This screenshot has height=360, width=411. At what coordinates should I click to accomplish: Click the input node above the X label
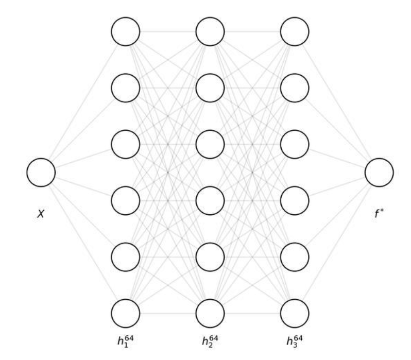pyautogui.click(x=41, y=173)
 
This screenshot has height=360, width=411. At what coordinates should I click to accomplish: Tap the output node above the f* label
pyautogui.click(x=379, y=173)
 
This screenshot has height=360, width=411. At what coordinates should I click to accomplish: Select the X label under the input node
pyautogui.click(x=41, y=213)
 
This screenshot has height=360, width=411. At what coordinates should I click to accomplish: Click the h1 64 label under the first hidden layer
pyautogui.click(x=125, y=340)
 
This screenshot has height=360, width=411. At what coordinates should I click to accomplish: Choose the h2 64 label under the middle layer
pyautogui.click(x=210, y=340)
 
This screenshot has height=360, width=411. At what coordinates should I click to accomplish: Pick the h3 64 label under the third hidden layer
pyautogui.click(x=295, y=340)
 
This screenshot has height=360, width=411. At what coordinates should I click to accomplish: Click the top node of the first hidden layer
pyautogui.click(x=126, y=31)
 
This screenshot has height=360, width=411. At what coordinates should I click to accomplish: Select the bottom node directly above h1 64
pyautogui.click(x=126, y=313)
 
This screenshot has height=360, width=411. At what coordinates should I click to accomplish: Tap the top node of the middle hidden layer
pyautogui.click(x=210, y=31)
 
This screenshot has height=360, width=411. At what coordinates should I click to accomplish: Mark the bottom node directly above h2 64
pyautogui.click(x=210, y=313)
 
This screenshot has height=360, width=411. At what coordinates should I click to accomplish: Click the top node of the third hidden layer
pyautogui.click(x=295, y=31)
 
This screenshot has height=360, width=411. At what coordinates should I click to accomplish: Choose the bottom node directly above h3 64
pyautogui.click(x=295, y=313)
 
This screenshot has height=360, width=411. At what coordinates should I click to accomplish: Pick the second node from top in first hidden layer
pyautogui.click(x=126, y=88)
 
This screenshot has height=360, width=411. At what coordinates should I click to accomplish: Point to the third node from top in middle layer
pyautogui.click(x=210, y=144)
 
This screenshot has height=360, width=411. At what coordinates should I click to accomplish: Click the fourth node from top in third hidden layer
pyautogui.click(x=295, y=200)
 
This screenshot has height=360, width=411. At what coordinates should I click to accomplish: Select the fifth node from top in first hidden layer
pyautogui.click(x=126, y=257)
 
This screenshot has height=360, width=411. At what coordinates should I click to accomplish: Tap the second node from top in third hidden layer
pyautogui.click(x=295, y=88)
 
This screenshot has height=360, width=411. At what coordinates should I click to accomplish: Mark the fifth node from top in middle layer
pyautogui.click(x=210, y=257)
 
